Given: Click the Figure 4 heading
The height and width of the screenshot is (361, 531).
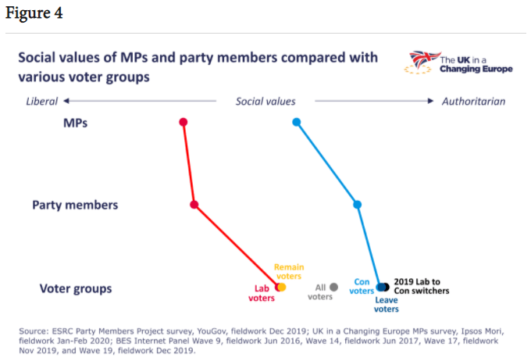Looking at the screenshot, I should coord(34,13).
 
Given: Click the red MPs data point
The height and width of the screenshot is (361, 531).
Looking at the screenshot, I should coord(184,122).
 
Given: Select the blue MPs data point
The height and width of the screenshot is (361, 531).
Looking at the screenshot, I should coord(296,122).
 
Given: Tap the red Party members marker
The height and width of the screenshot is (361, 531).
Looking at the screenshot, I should coord(194,205).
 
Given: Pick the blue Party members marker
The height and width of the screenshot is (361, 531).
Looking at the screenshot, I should coord(358,205).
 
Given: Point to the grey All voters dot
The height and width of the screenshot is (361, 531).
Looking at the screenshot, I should coord(333,287).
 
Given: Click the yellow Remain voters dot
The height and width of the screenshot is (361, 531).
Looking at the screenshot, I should coord(282,287).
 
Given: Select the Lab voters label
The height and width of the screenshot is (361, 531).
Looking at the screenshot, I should coord(262,292).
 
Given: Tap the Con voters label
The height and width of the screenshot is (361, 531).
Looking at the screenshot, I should coord(362,287).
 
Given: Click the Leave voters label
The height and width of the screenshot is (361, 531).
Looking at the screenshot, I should coord(386,304).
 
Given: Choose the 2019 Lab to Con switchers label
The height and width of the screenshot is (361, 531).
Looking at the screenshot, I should coord(428,286).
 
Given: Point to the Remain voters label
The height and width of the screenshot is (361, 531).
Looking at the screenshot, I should coord(289,272).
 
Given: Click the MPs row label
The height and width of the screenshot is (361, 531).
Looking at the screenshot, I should coord(74,123).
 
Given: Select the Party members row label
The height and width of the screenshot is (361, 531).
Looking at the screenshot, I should coord(75,206).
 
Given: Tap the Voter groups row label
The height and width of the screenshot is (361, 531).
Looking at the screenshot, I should coord(76,288).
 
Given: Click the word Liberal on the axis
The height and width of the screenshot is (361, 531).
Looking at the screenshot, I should coord(42,102).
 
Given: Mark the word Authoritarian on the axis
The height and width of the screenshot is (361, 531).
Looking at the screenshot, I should coord(473,102).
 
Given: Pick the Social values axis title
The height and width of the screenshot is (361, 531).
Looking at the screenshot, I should coord(265,102).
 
